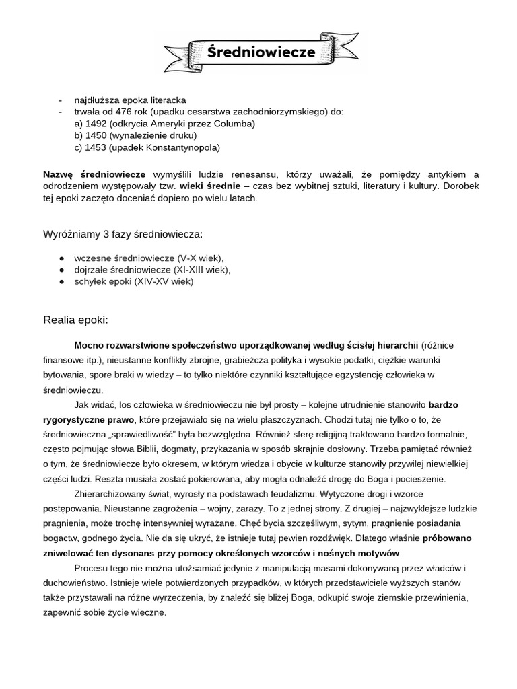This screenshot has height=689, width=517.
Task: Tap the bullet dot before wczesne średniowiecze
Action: click(61, 258)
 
